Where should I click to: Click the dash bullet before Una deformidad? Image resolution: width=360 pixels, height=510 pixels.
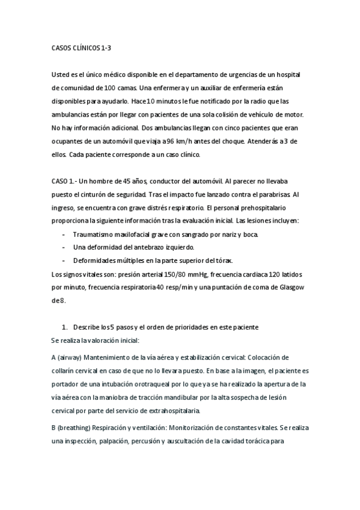point(64,247)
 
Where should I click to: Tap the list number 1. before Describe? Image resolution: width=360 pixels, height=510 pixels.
point(65,327)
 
